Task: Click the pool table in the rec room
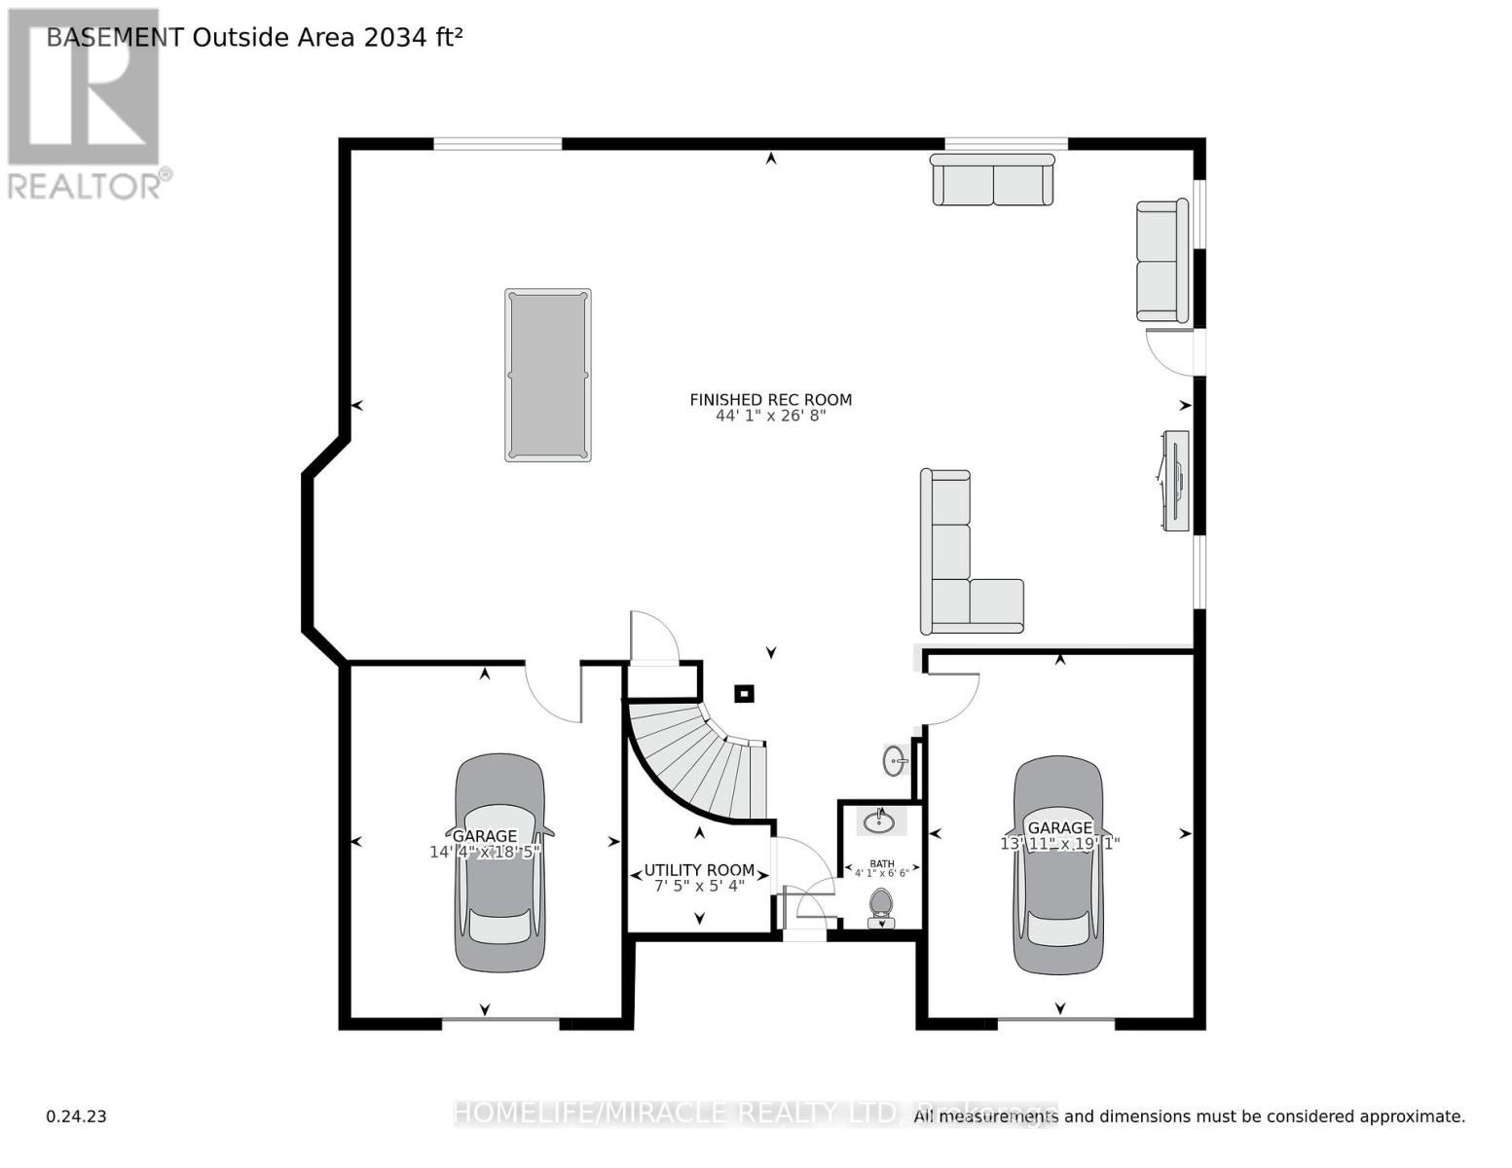[x=547, y=375]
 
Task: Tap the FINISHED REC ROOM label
[x=770, y=400]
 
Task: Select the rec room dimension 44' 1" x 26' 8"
[x=770, y=417]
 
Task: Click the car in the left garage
[x=499, y=863]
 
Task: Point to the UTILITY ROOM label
[x=699, y=870]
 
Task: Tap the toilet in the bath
[x=881, y=904]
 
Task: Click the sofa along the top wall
[x=992, y=181]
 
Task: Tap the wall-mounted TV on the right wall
[x=1175, y=481]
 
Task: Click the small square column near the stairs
[x=744, y=694]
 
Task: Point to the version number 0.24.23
[x=76, y=1116]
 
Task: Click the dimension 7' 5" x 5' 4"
[x=699, y=887]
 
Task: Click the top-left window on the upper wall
[x=498, y=144]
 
